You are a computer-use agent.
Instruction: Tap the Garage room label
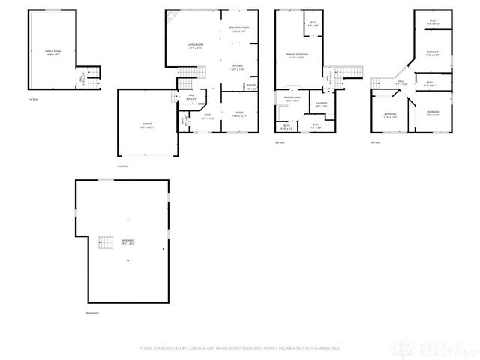pos(147,127)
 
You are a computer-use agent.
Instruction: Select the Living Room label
pos(196,46)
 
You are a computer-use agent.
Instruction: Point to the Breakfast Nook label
pos(239,30)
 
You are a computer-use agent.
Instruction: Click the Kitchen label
pos(238,67)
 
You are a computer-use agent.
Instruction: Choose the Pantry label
pos(251,86)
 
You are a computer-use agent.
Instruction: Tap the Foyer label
pos(208,115)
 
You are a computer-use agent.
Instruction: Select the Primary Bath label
pos(292,99)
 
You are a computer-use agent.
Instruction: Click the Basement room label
pos(128,241)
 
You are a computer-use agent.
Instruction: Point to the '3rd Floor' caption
pos(280,142)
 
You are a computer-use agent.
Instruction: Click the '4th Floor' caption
pos(376,142)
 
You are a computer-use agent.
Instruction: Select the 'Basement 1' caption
pos(92,313)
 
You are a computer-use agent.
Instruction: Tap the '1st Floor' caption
pos(32,99)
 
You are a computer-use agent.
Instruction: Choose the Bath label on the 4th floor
pos(429,83)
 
